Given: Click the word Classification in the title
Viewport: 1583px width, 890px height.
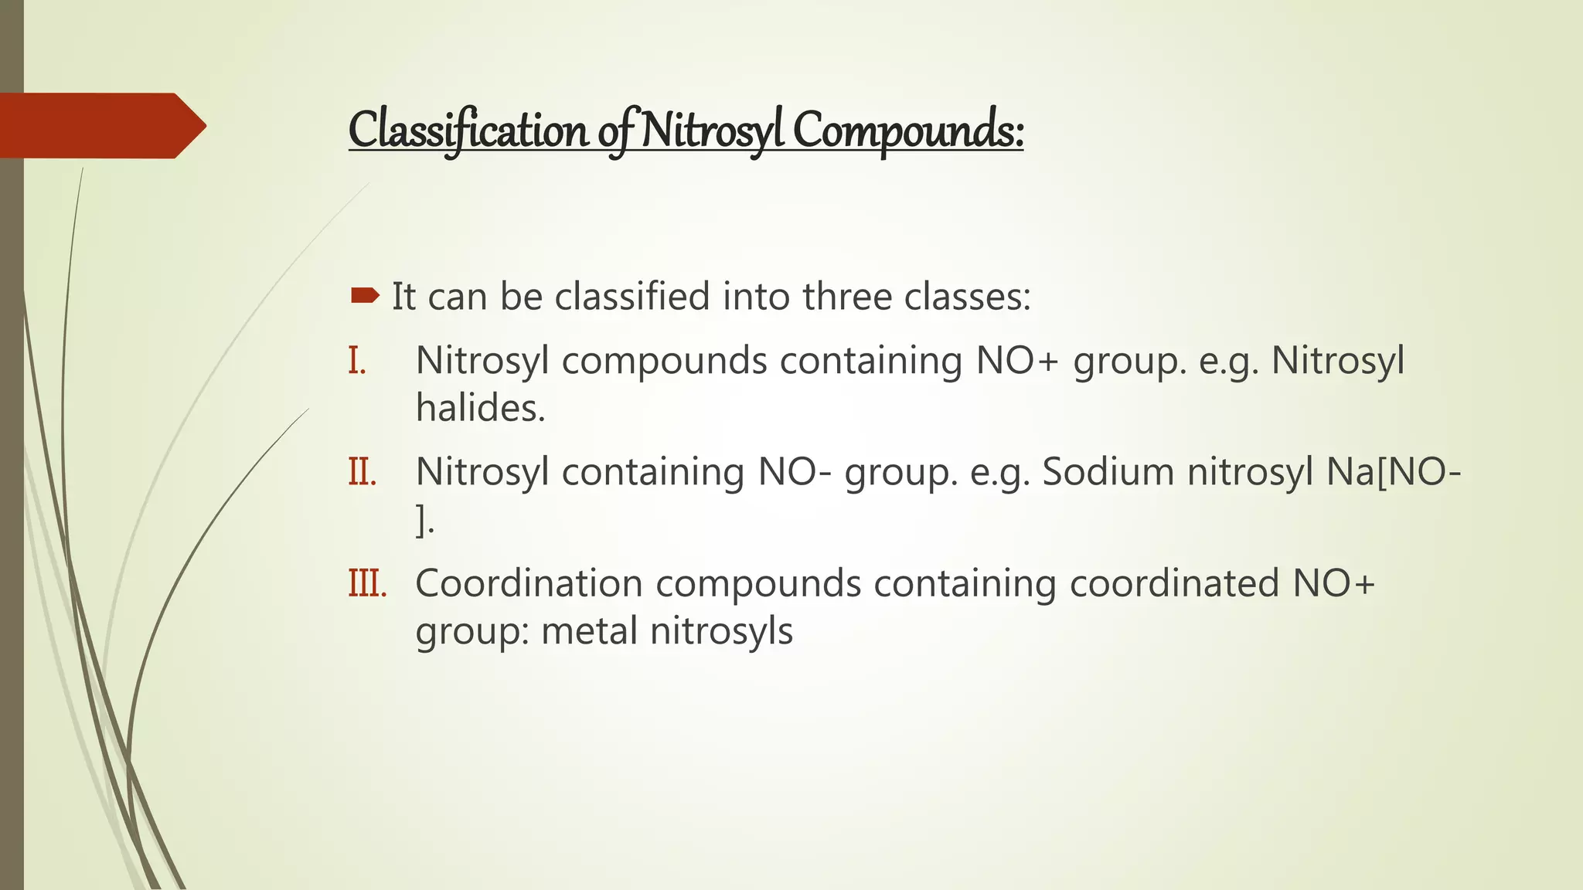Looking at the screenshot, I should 468,130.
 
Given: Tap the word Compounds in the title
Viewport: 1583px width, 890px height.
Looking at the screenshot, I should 908,130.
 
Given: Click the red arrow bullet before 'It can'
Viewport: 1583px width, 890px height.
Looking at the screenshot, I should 365,295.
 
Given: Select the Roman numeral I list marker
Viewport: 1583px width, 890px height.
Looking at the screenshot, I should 357,361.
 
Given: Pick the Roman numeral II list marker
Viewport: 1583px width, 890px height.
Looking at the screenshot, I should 362,471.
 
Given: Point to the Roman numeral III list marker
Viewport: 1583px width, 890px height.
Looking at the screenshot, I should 366,583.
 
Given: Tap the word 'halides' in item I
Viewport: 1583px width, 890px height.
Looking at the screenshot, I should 480,408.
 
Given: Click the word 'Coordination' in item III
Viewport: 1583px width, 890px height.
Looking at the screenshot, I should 529,583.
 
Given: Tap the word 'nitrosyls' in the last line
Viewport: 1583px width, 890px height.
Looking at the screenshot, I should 721,630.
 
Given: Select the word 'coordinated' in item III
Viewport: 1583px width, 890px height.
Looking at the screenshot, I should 1174,583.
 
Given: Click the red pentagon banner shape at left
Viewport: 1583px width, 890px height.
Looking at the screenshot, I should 100,126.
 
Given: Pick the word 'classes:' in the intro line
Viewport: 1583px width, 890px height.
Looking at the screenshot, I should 968,297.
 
